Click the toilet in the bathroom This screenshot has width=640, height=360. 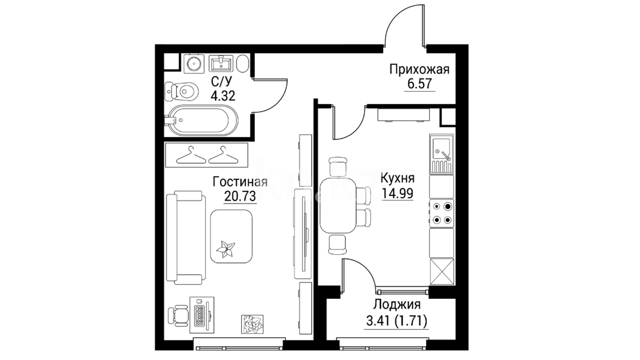pyautogui.click(x=182, y=90)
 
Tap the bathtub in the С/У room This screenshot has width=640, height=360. pyautogui.click(x=201, y=120)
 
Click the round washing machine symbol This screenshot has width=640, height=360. pyautogui.click(x=194, y=63)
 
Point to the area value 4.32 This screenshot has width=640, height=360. pyautogui.click(x=223, y=96)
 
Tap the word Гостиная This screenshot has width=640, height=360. pyautogui.click(x=240, y=182)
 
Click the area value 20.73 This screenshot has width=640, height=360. pyautogui.click(x=240, y=196)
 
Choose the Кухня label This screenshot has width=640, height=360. pyautogui.click(x=397, y=178)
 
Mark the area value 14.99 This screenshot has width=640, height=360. pyautogui.click(x=398, y=193)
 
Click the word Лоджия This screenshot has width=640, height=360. pyautogui.click(x=397, y=304)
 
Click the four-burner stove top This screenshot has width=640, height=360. pyautogui.click(x=441, y=213)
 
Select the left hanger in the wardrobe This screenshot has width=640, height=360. pyautogui.click(x=191, y=155)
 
